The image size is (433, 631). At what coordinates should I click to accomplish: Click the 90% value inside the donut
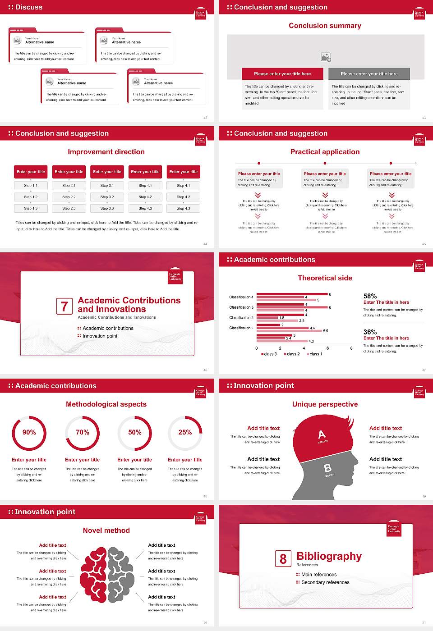(29, 432)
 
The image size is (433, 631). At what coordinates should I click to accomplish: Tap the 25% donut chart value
(185, 432)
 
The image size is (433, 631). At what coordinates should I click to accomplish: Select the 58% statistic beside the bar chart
(370, 296)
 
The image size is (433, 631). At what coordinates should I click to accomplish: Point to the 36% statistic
(370, 332)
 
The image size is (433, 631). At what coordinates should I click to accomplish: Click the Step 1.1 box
(31, 185)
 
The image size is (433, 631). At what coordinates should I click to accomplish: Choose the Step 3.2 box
(107, 197)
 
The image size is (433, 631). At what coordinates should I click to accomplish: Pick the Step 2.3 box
(69, 208)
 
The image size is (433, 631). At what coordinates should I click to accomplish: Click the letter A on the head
(322, 434)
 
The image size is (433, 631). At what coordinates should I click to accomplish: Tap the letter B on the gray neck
(327, 469)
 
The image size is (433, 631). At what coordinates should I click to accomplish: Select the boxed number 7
(64, 306)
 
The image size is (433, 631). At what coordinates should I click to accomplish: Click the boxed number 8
(283, 559)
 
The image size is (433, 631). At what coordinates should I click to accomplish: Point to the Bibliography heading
(329, 556)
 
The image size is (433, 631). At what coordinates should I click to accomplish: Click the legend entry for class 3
(269, 354)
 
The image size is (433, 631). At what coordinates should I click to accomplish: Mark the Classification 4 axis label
(241, 297)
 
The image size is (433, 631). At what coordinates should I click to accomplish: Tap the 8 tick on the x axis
(351, 348)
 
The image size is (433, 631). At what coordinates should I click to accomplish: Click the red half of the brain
(93, 575)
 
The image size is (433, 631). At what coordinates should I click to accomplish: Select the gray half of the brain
(120, 575)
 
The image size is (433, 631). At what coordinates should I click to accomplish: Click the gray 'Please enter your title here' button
(369, 74)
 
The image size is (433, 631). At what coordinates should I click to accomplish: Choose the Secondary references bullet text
(325, 582)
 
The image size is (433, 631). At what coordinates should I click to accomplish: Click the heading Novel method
(106, 530)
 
